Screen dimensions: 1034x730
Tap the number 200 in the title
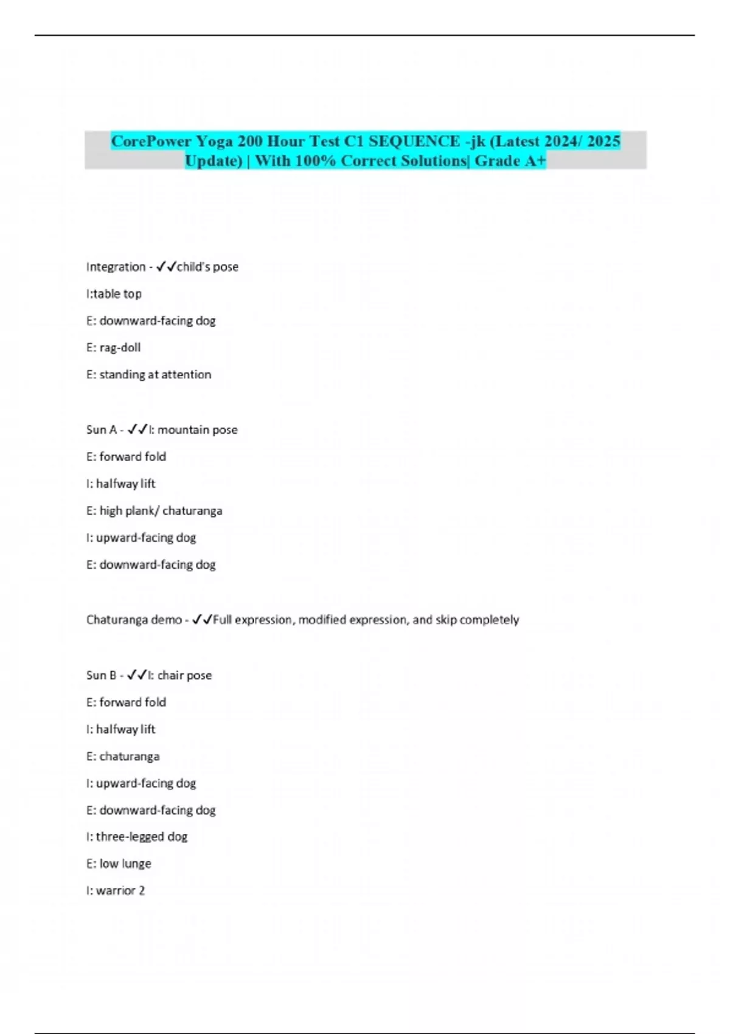coord(249,141)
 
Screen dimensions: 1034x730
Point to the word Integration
coord(116,267)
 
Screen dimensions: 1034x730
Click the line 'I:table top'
coord(114,294)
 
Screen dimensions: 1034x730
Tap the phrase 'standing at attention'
coord(155,375)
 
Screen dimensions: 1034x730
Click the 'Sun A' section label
coord(101,430)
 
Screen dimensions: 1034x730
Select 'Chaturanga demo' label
coord(134,620)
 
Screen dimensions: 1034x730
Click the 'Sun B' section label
coord(101,675)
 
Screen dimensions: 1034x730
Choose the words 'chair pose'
coord(184,675)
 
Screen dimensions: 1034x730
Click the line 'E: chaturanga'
coord(123,757)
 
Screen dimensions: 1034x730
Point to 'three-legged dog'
coord(142,837)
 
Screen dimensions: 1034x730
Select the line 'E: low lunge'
coord(119,864)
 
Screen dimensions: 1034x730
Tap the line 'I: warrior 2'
coord(116,891)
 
